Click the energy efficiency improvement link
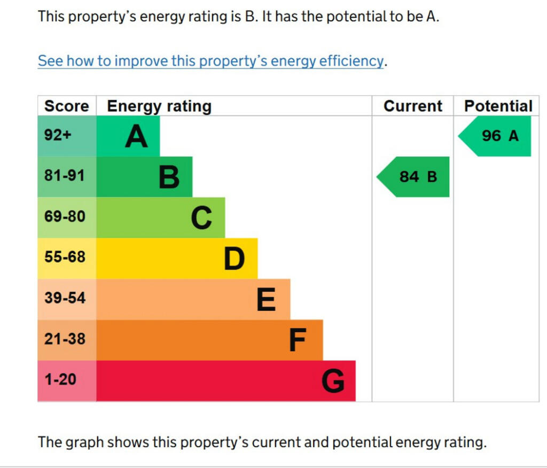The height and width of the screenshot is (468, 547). tap(211, 61)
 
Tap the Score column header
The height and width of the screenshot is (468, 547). tap(66, 106)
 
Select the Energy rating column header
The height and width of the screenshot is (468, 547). tap(159, 106)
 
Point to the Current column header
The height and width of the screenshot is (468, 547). tap(413, 106)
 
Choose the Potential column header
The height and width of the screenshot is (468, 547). tap(498, 106)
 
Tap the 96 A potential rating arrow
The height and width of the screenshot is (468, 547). tap(496, 136)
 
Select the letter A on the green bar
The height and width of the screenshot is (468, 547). tap(136, 137)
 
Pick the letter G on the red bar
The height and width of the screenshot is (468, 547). tap(333, 381)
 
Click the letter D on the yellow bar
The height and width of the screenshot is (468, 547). tap(234, 259)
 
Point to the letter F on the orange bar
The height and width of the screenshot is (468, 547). tap(298, 340)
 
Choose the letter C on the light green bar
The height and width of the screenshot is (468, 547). tap(201, 218)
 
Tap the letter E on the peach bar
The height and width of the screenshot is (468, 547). tap(266, 300)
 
